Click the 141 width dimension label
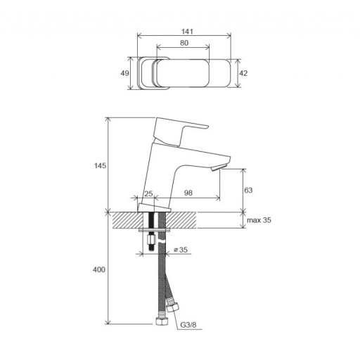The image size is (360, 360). point(187,31)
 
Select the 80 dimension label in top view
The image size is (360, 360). point(184,43)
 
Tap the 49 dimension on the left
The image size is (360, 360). point(124,73)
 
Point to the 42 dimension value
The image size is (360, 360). point(243,73)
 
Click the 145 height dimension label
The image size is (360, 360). point(100,166)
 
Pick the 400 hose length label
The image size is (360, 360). point(99,270)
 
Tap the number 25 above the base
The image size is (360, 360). point(148,193)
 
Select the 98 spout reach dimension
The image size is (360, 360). point(188,193)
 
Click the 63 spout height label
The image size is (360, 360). point(248,190)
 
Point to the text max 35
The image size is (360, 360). point(259,220)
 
